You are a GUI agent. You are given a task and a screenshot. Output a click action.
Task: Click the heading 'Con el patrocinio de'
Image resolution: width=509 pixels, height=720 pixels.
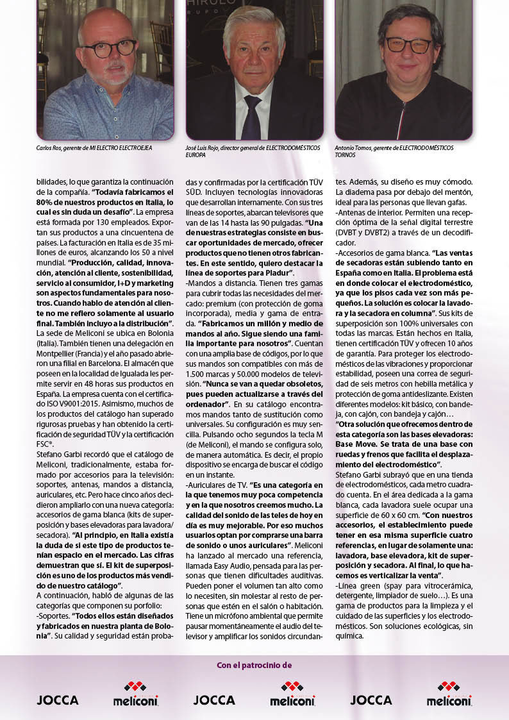pos(254,665)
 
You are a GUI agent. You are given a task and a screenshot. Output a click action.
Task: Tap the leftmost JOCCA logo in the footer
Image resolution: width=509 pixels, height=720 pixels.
pos(58,699)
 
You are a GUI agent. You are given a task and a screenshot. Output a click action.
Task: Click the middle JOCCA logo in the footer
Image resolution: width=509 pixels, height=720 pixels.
pos(214,699)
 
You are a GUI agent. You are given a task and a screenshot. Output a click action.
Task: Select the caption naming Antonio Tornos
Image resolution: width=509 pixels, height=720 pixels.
pos(394,151)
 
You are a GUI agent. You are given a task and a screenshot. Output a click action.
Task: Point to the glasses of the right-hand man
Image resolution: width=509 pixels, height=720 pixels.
pos(408,45)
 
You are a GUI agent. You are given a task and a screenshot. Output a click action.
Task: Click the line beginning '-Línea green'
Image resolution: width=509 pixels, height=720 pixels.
pos(403,586)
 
